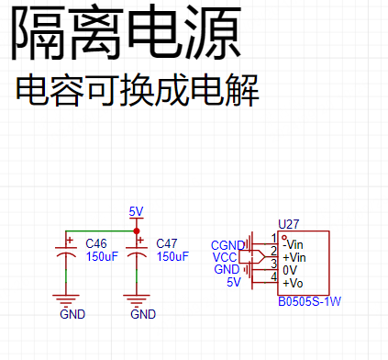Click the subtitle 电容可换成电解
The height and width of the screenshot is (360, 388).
tap(138, 91)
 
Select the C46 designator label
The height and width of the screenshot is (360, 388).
tap(96, 243)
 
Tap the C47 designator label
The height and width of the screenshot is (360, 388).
tap(167, 243)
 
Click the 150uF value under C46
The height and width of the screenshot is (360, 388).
tap(102, 256)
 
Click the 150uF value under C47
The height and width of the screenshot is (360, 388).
tap(172, 256)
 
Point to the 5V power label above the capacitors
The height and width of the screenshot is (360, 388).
tap(136, 211)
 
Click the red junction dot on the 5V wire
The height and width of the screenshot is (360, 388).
tap(137, 231)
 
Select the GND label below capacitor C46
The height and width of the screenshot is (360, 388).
tap(72, 314)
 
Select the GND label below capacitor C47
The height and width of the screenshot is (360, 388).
tap(143, 314)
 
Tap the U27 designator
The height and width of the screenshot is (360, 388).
tap(289, 224)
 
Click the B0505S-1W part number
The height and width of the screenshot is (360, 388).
tap(309, 301)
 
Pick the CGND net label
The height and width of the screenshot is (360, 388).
tap(228, 245)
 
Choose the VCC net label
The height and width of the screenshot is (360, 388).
tap(225, 257)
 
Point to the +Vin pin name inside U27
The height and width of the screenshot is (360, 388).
tap(294, 257)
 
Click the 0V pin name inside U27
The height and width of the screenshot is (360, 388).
tap(290, 270)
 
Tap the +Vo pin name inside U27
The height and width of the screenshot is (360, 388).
tap(293, 283)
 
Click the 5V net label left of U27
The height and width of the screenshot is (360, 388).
tap(234, 282)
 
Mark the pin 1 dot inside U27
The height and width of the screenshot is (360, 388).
tap(284, 237)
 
